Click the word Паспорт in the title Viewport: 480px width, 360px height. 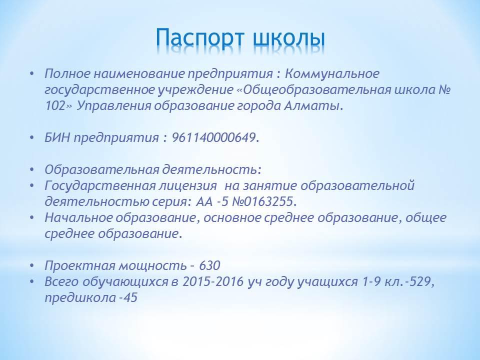click(200, 39)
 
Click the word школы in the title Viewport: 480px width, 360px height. click(289, 39)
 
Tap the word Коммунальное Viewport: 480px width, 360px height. click(332, 74)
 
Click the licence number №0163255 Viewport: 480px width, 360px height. click(264, 201)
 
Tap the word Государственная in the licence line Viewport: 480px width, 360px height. click(100, 186)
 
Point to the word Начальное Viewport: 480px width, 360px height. click(78, 217)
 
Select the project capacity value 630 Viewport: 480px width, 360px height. click(209, 265)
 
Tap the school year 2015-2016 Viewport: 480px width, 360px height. click(213, 281)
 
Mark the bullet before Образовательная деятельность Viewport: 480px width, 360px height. click(32, 169)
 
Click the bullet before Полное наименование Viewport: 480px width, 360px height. click(32, 74)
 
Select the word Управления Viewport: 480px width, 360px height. click(113, 106)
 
